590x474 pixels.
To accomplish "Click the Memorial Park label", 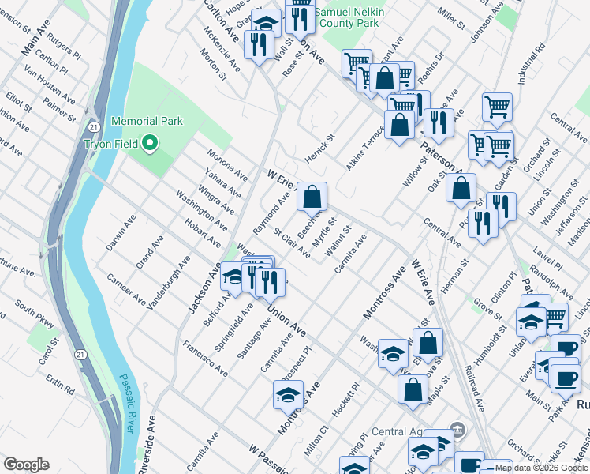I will [x=147, y=121].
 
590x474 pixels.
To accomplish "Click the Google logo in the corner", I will [x=26, y=465].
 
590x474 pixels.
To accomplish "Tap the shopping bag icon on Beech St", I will [x=312, y=197].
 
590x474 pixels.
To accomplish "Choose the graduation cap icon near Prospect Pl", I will [x=288, y=395].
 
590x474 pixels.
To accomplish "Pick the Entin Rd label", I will [x=59, y=384].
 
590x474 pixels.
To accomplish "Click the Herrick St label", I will [x=320, y=148].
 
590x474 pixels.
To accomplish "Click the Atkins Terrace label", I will [x=364, y=150].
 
